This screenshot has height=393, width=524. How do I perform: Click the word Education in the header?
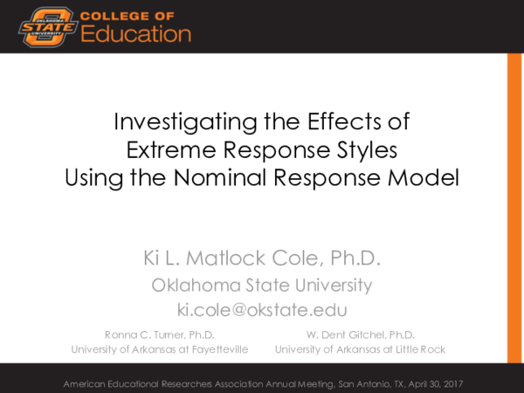click(136, 34)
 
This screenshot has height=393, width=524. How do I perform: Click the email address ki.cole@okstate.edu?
click(262, 309)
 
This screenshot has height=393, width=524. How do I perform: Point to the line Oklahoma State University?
click(262, 285)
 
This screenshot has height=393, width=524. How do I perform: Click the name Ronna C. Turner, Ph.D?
click(160, 334)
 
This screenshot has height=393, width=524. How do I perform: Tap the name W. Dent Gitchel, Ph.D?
click(360, 334)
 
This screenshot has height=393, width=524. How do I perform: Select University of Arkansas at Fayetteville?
click(160, 349)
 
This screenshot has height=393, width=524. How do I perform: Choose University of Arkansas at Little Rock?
click(360, 349)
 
